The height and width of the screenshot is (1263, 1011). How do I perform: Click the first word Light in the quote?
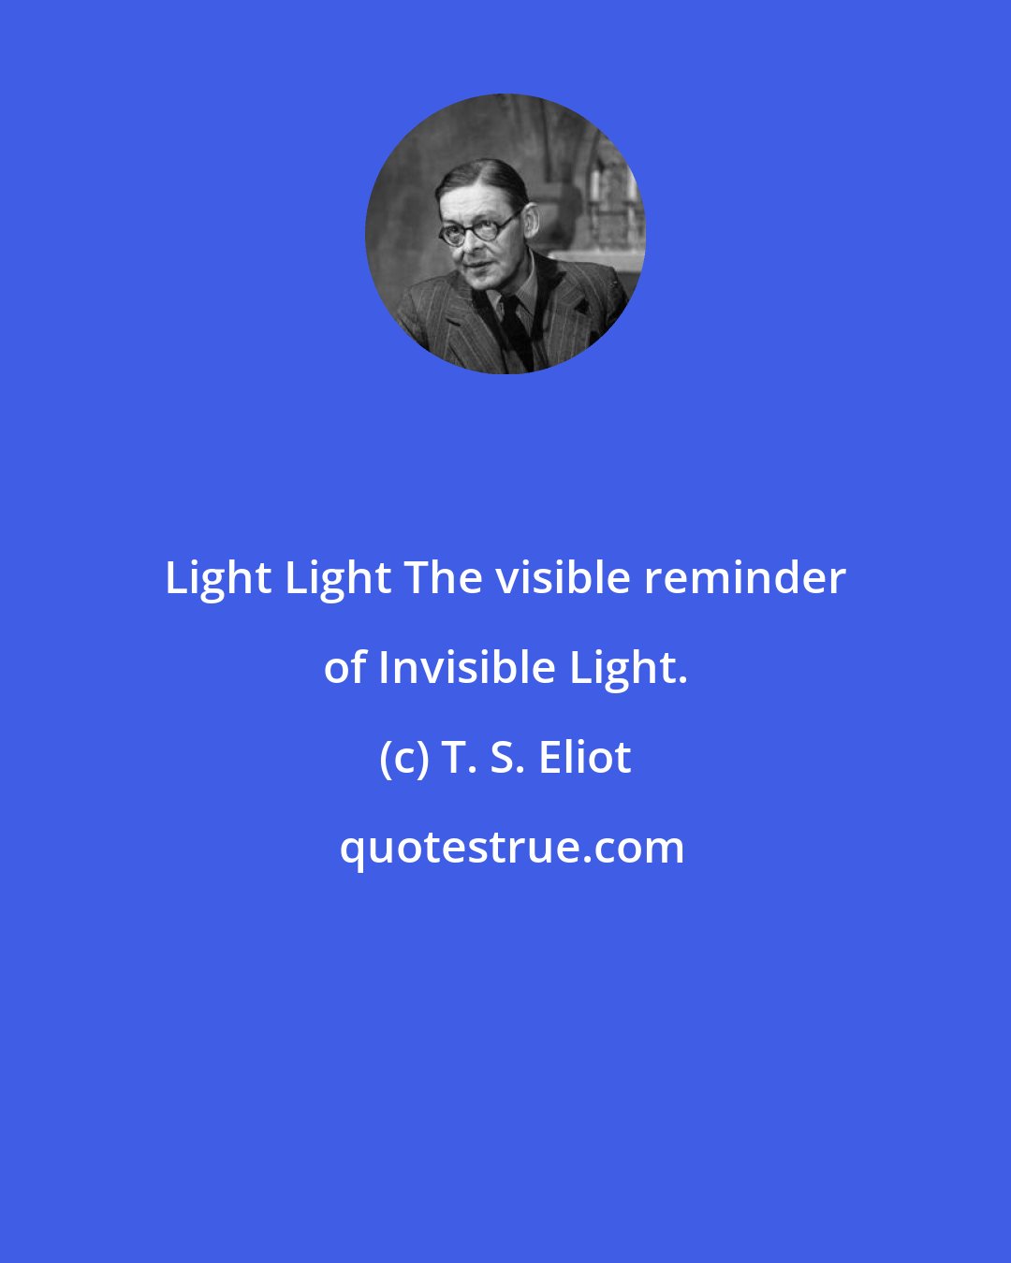pyautogui.click(x=218, y=579)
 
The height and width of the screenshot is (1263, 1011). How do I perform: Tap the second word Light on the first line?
pyautogui.click(x=338, y=579)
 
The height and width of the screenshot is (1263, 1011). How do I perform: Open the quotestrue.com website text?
pyautogui.click(x=511, y=848)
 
